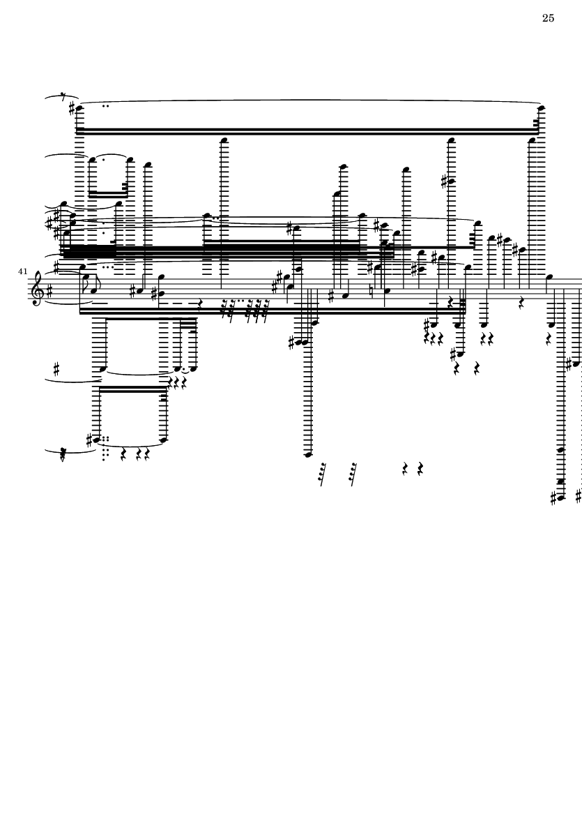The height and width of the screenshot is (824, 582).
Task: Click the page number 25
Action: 548,18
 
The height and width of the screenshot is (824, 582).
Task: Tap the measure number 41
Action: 22,271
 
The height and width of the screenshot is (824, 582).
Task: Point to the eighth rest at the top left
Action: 63,97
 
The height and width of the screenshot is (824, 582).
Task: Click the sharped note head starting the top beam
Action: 80,109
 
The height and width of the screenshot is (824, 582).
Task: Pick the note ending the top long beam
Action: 542,108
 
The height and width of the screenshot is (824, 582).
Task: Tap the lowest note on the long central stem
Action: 308,454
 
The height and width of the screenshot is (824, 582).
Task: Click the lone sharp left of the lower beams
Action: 56,369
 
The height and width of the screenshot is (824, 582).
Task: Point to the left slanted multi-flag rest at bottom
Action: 323,474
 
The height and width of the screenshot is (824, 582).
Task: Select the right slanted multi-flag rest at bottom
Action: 353,474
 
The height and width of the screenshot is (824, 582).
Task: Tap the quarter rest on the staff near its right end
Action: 521,304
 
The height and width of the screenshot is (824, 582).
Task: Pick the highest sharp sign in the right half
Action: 445,182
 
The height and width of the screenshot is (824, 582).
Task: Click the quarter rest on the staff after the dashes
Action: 200,304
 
